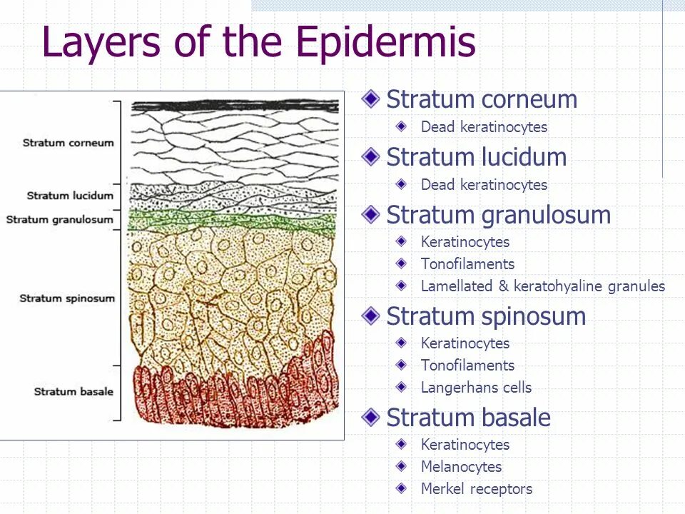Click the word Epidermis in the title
385,43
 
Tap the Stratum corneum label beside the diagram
68,143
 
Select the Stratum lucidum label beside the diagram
71,196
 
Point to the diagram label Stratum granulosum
60,219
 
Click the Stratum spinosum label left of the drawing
67,298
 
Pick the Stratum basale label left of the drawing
74,391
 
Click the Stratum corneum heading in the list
482,99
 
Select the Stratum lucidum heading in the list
476,157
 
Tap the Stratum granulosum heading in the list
498,215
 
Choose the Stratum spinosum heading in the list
486,316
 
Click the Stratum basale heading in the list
468,418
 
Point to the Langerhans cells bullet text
476,388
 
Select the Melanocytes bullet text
461,467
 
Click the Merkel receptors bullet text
477,489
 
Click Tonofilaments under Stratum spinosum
467,366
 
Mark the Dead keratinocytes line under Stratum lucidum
484,185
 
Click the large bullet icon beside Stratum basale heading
370,417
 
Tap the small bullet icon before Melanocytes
403,466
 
